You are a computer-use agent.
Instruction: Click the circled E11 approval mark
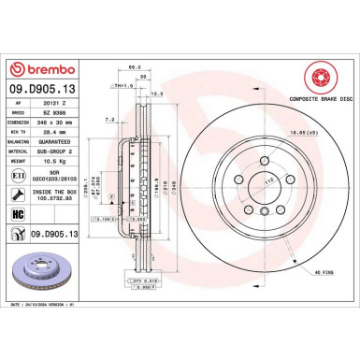click(x=20, y=173)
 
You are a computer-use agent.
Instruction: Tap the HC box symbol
click(x=20, y=214)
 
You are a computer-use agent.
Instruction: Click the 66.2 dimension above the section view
click(x=134, y=67)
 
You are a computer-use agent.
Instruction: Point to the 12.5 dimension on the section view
click(x=157, y=94)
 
